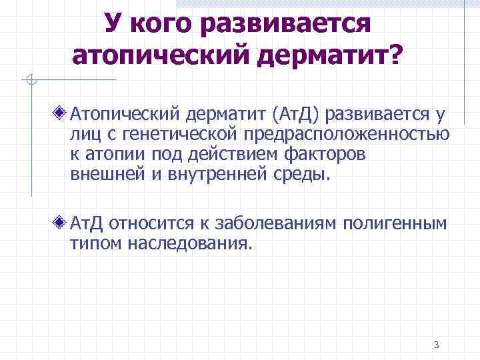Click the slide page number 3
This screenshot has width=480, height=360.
pos(436,345)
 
